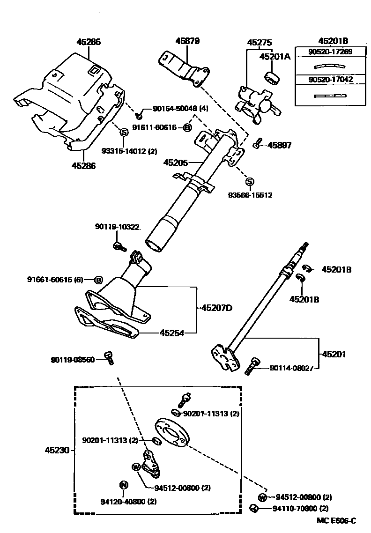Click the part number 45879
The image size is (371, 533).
point(188,41)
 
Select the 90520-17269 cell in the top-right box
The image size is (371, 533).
point(324,52)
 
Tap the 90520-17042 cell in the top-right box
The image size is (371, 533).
point(324,80)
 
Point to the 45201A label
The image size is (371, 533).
point(275,57)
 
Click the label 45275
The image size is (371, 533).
point(260,42)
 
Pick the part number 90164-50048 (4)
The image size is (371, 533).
point(180,109)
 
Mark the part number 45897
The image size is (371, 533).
point(279,146)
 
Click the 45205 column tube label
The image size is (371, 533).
point(175,163)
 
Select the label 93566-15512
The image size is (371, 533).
point(250,194)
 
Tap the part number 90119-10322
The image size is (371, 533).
point(118,227)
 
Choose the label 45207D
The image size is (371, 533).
point(217,308)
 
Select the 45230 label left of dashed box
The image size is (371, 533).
point(57,450)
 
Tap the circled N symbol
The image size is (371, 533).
point(124,485)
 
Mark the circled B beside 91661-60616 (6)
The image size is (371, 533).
point(98,280)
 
